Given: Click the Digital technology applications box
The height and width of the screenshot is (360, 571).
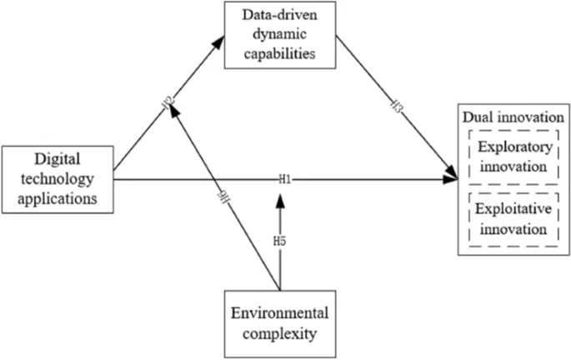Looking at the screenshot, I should point(58,178).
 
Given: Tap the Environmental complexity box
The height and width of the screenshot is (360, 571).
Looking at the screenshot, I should point(280,322).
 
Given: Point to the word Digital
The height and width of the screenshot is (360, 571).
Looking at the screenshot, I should point(57,157).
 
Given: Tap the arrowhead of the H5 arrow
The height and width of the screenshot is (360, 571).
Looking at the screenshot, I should point(281,197).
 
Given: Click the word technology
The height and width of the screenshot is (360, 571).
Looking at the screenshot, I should point(57,178).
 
